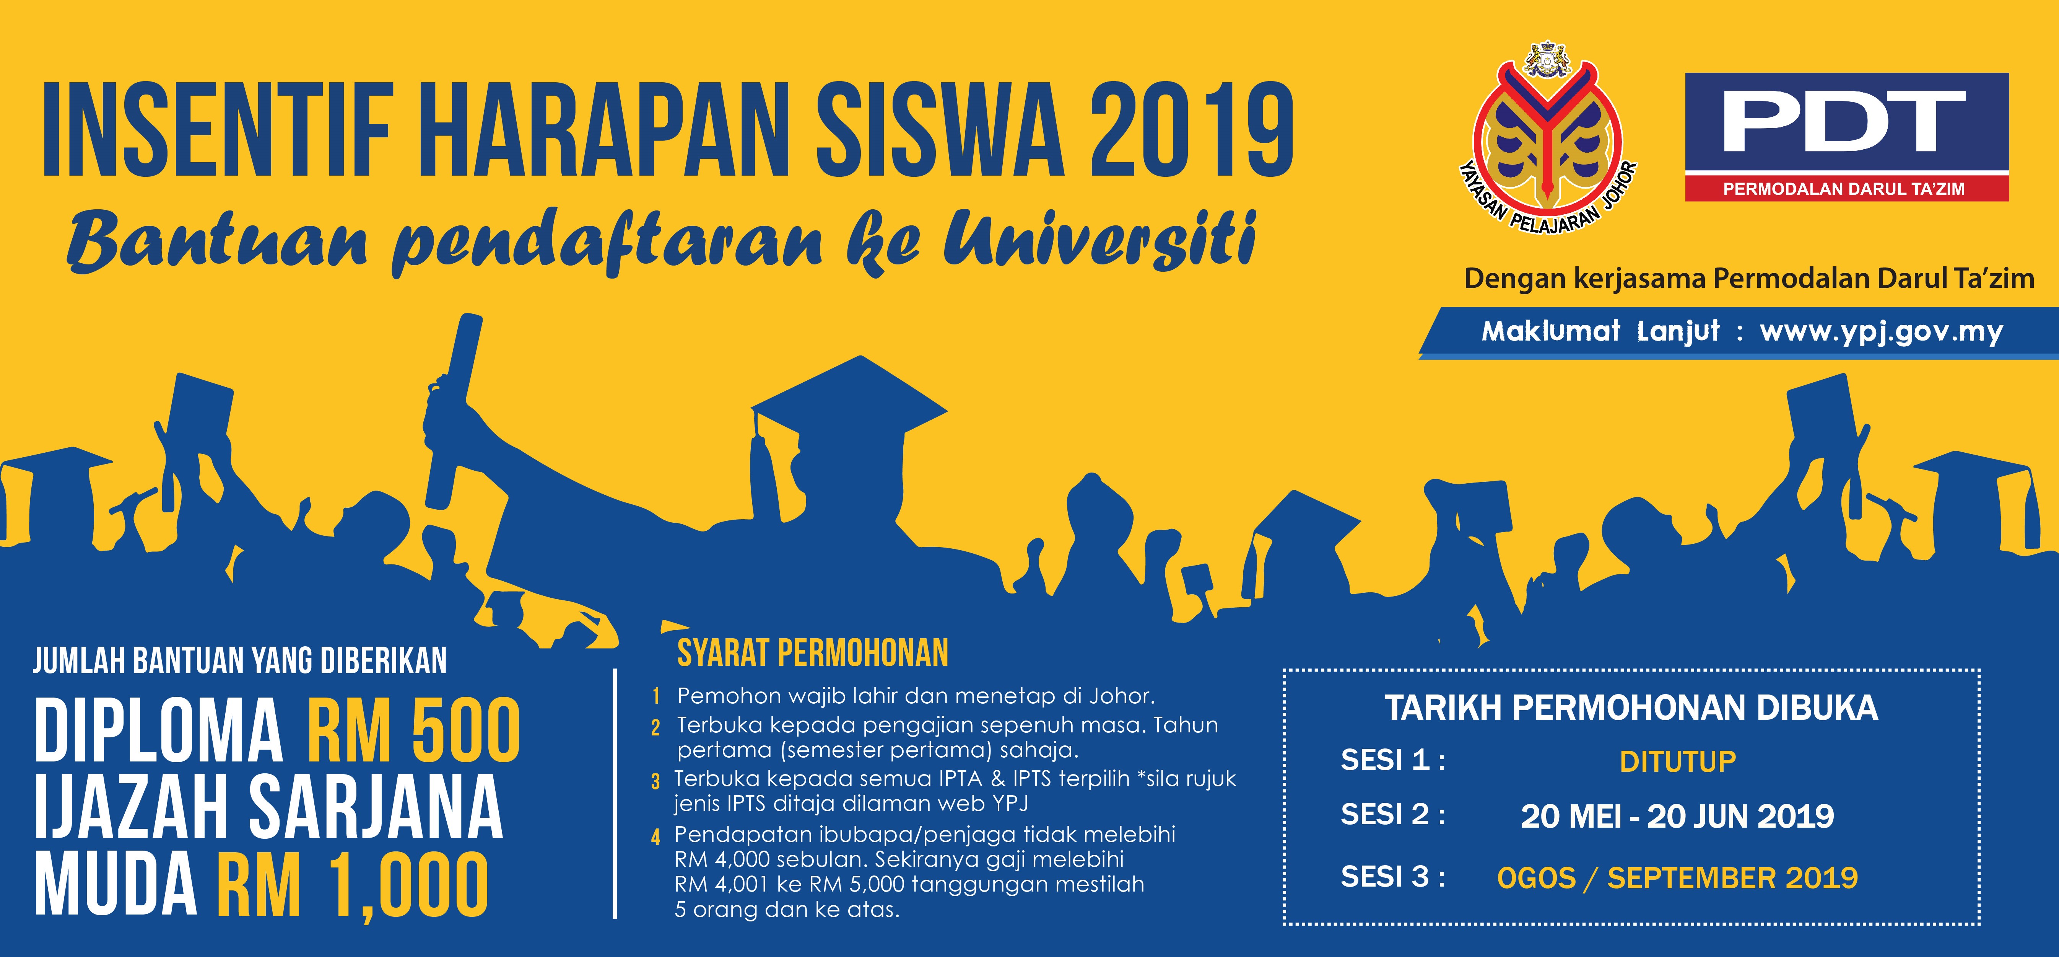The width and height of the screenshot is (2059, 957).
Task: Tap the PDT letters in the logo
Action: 1843,122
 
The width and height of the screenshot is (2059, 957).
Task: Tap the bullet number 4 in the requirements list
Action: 655,837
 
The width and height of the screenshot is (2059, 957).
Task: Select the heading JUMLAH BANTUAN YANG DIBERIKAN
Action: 240,661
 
